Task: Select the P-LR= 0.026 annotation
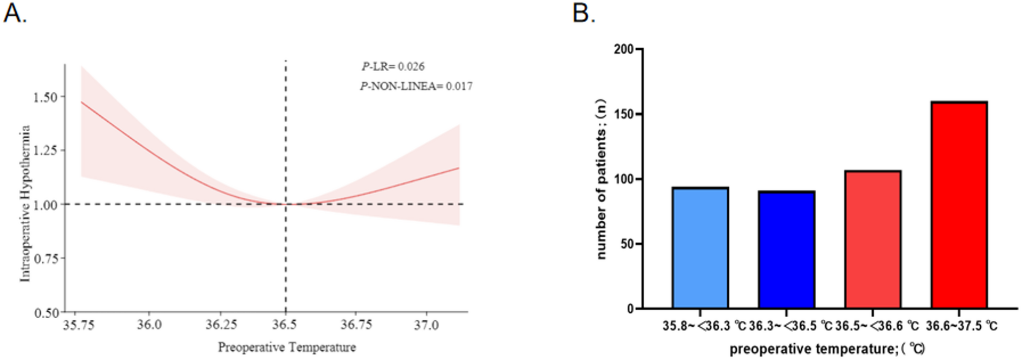point(393,67)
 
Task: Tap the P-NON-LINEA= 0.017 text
point(416,87)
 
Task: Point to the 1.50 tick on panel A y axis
point(45,97)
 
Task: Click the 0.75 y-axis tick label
point(45,259)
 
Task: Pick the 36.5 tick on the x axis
point(285,325)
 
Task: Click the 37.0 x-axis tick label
point(426,325)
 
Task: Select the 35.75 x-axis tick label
point(79,325)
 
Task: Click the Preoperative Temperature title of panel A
point(287,347)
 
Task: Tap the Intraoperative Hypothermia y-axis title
point(25,204)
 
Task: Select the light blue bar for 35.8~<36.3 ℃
point(700,248)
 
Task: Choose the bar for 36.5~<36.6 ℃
point(873,240)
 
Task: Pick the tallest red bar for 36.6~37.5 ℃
point(959,205)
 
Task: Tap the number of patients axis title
point(601,179)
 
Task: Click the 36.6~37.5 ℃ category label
point(961,326)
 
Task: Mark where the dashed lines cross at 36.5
point(285,204)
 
